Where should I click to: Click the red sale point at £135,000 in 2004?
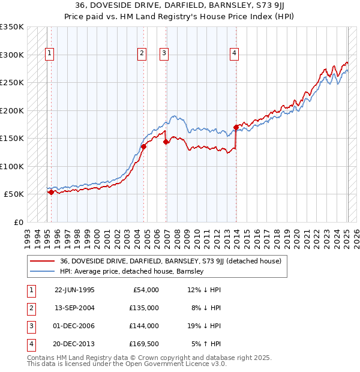[x=144, y=146]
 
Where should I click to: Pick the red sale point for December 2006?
[x=166, y=142]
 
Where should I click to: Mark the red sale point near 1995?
[x=52, y=192]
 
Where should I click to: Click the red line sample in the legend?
[x=43, y=261]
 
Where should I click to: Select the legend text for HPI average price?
[x=132, y=271]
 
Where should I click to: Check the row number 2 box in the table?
[x=30, y=308]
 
